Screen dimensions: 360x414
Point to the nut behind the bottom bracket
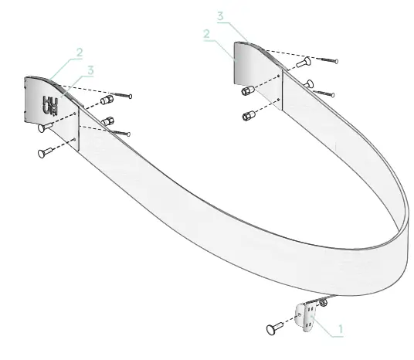pos(323,304)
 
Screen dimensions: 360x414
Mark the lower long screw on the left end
pos(121,133)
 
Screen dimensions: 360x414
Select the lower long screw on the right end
pos(324,93)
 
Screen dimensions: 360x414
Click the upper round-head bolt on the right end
pos(303,60)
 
